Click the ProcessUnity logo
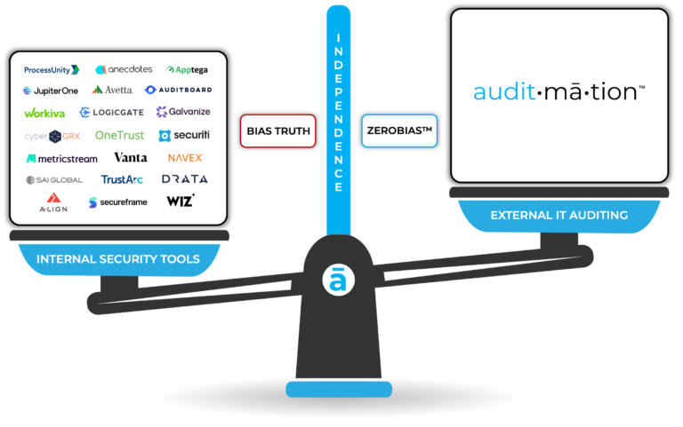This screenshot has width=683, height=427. click(52, 69)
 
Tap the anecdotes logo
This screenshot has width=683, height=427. click(124, 69)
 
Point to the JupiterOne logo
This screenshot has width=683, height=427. click(51, 91)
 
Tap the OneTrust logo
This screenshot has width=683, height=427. click(119, 136)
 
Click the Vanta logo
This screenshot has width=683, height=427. click(131, 158)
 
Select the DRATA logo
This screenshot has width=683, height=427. click(184, 179)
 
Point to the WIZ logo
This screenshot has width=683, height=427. click(181, 201)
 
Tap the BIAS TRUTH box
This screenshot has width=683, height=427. click(279, 131)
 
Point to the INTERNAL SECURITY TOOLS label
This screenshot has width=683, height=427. click(118, 259)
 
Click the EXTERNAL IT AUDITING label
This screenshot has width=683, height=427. click(558, 215)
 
